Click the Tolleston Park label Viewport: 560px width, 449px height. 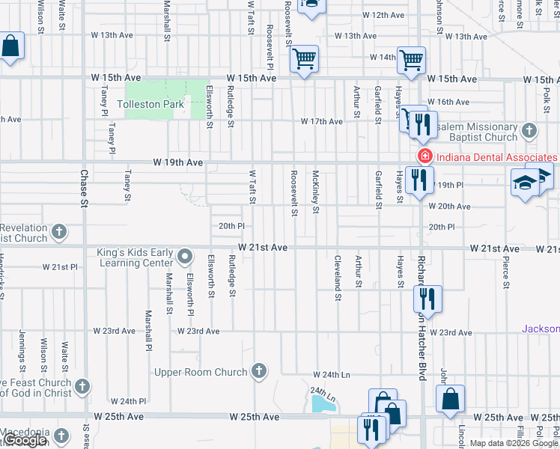[150, 104]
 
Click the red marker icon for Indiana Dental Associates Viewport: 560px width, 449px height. [424, 156]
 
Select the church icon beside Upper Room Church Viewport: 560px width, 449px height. [258, 370]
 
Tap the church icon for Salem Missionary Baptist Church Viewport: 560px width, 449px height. [529, 131]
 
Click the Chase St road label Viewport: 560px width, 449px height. [84, 190]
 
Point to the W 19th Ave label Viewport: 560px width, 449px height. [178, 162]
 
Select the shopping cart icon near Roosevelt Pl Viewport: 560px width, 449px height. [304, 59]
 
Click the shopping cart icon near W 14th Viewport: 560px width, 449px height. [412, 60]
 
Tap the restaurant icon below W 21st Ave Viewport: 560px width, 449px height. [427, 299]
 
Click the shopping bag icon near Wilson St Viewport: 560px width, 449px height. [11, 46]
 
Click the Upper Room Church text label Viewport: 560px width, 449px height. [200, 372]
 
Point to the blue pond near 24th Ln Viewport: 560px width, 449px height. [323, 404]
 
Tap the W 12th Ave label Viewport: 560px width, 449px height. [383, 15]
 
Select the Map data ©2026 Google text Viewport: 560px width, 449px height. [514, 443]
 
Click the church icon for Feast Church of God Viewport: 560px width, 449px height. [82, 387]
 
